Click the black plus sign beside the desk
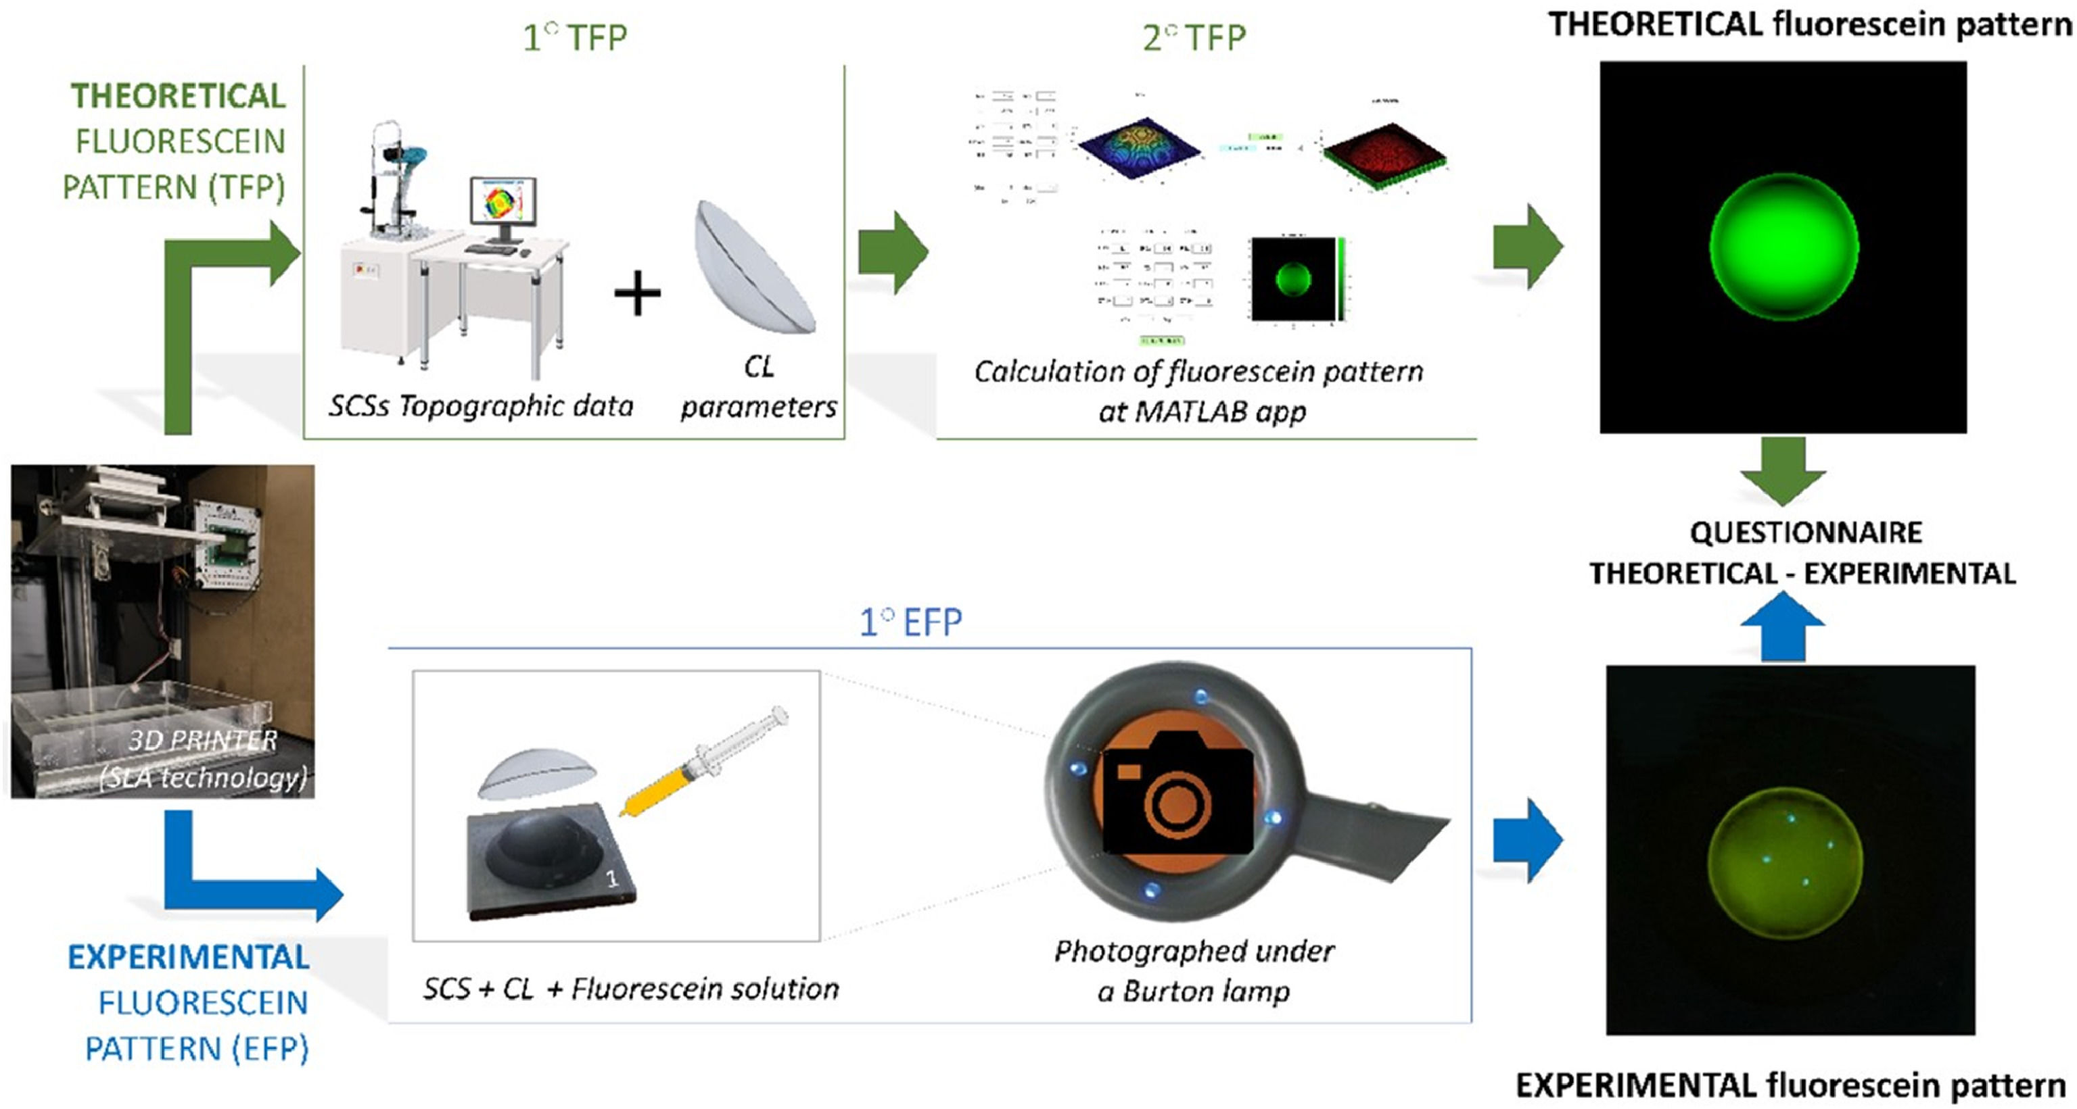click(x=637, y=293)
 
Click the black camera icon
click(x=1177, y=794)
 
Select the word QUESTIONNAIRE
click(x=1805, y=533)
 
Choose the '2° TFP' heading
click(x=1194, y=37)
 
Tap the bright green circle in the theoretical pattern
click(x=1783, y=247)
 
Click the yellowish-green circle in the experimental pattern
click(x=1784, y=860)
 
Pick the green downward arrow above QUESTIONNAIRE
click(x=1783, y=470)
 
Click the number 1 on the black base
click(x=612, y=878)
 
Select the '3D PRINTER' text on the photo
click(x=202, y=740)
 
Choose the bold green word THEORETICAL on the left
click(x=178, y=96)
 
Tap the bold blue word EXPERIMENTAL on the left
click(x=189, y=958)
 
